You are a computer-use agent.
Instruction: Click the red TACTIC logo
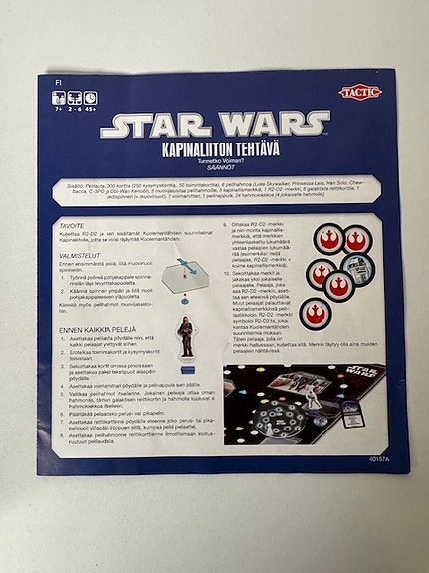[359, 92]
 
